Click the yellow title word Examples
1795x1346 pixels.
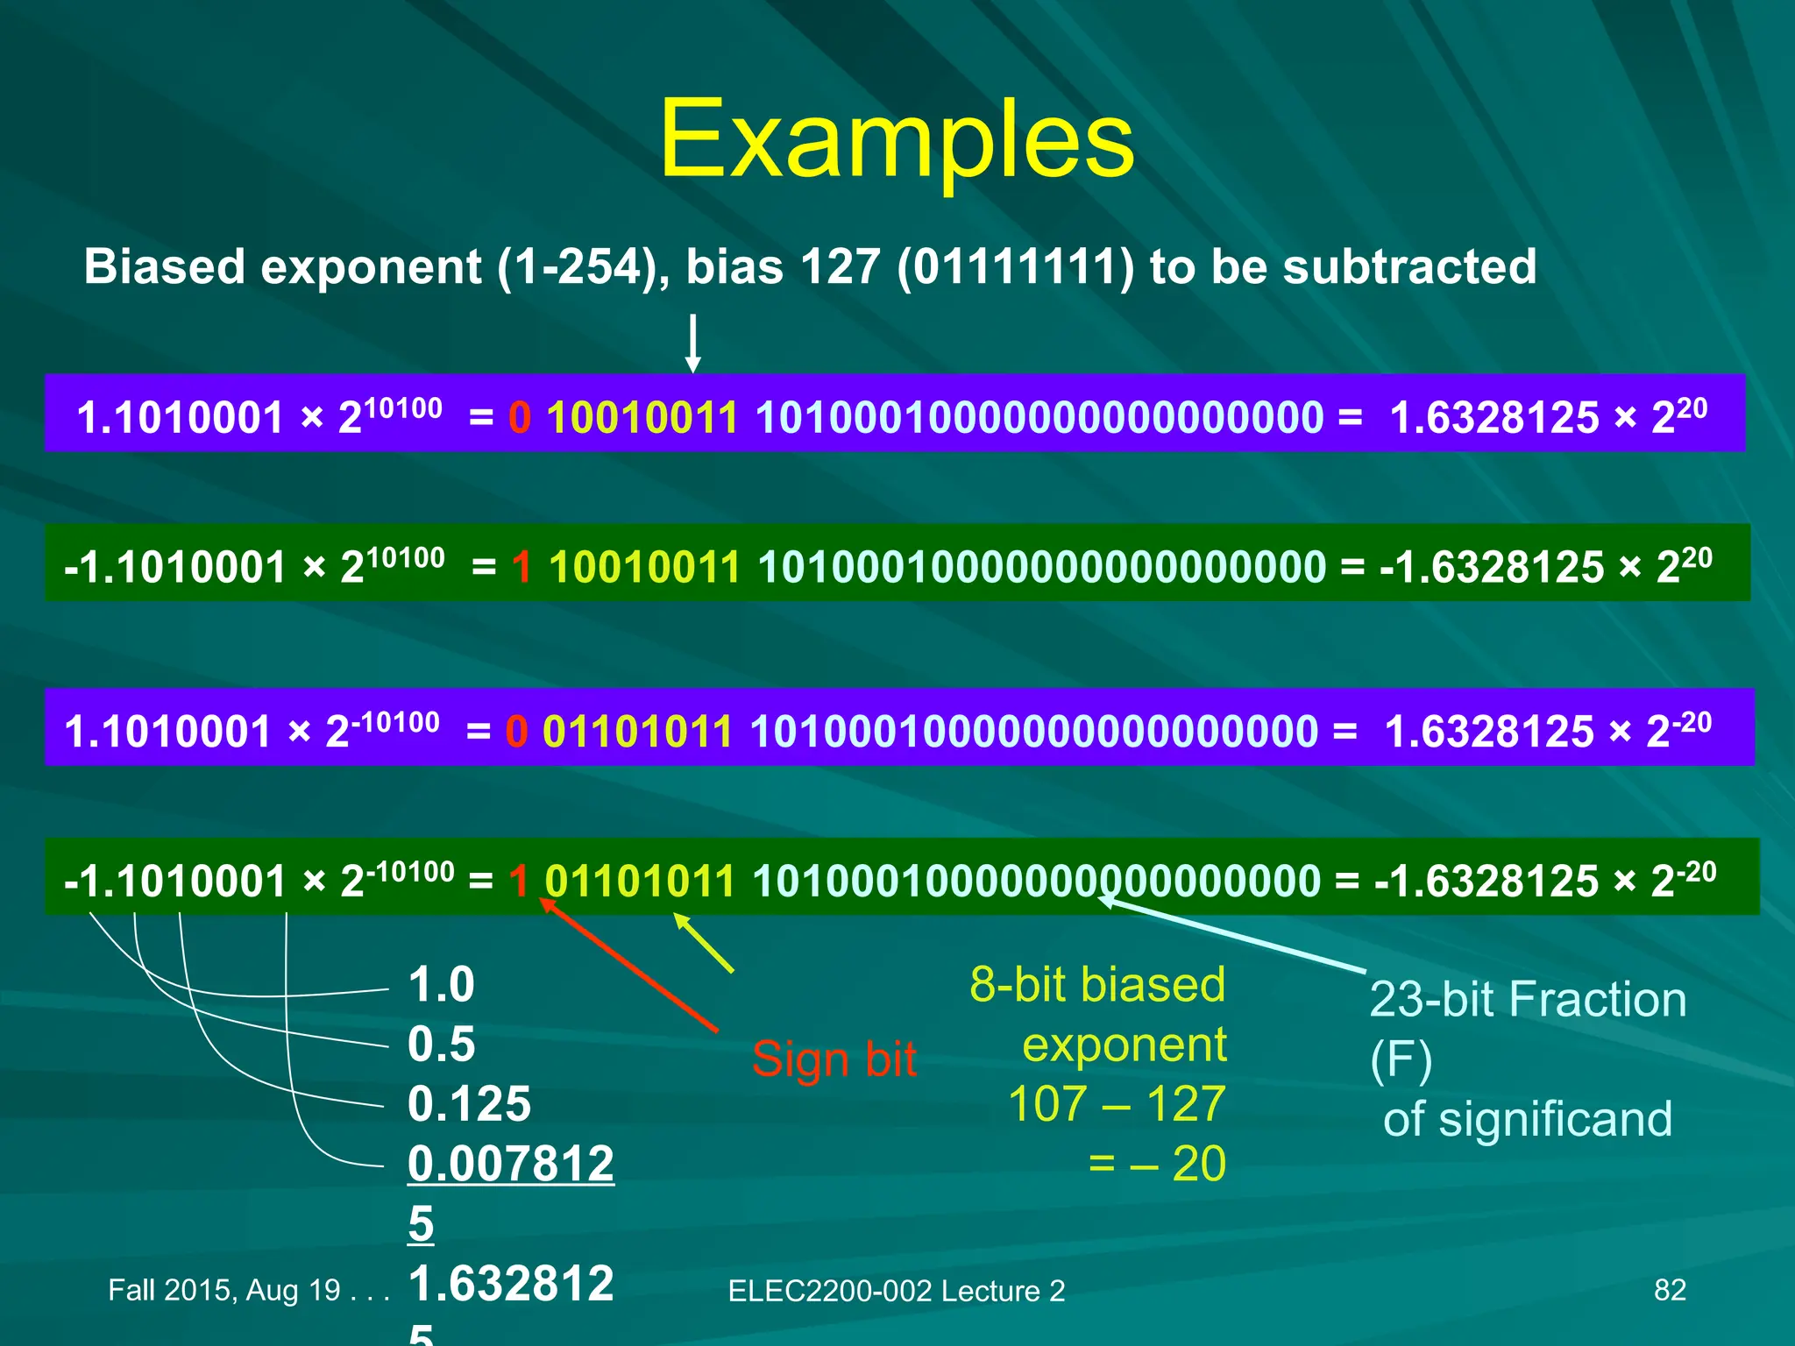(896, 140)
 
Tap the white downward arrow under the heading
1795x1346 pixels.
(692, 344)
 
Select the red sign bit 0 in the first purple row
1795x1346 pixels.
(520, 417)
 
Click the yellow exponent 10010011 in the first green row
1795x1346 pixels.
(644, 567)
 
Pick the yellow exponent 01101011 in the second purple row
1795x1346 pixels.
(637, 731)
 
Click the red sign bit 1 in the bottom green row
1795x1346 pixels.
(519, 881)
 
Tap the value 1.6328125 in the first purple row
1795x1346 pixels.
(1494, 417)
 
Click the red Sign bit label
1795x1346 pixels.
(834, 1059)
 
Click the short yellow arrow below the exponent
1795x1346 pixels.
(703, 943)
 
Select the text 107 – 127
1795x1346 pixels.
(1116, 1103)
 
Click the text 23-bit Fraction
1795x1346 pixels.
(1528, 999)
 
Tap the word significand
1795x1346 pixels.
(1555, 1119)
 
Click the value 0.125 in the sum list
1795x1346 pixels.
(469, 1103)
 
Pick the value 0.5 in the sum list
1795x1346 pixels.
(441, 1044)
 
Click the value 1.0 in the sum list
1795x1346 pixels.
(441, 984)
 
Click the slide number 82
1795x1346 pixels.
(1669, 1290)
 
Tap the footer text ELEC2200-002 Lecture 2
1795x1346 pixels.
(896, 1291)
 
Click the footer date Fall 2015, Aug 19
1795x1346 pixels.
(224, 1290)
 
